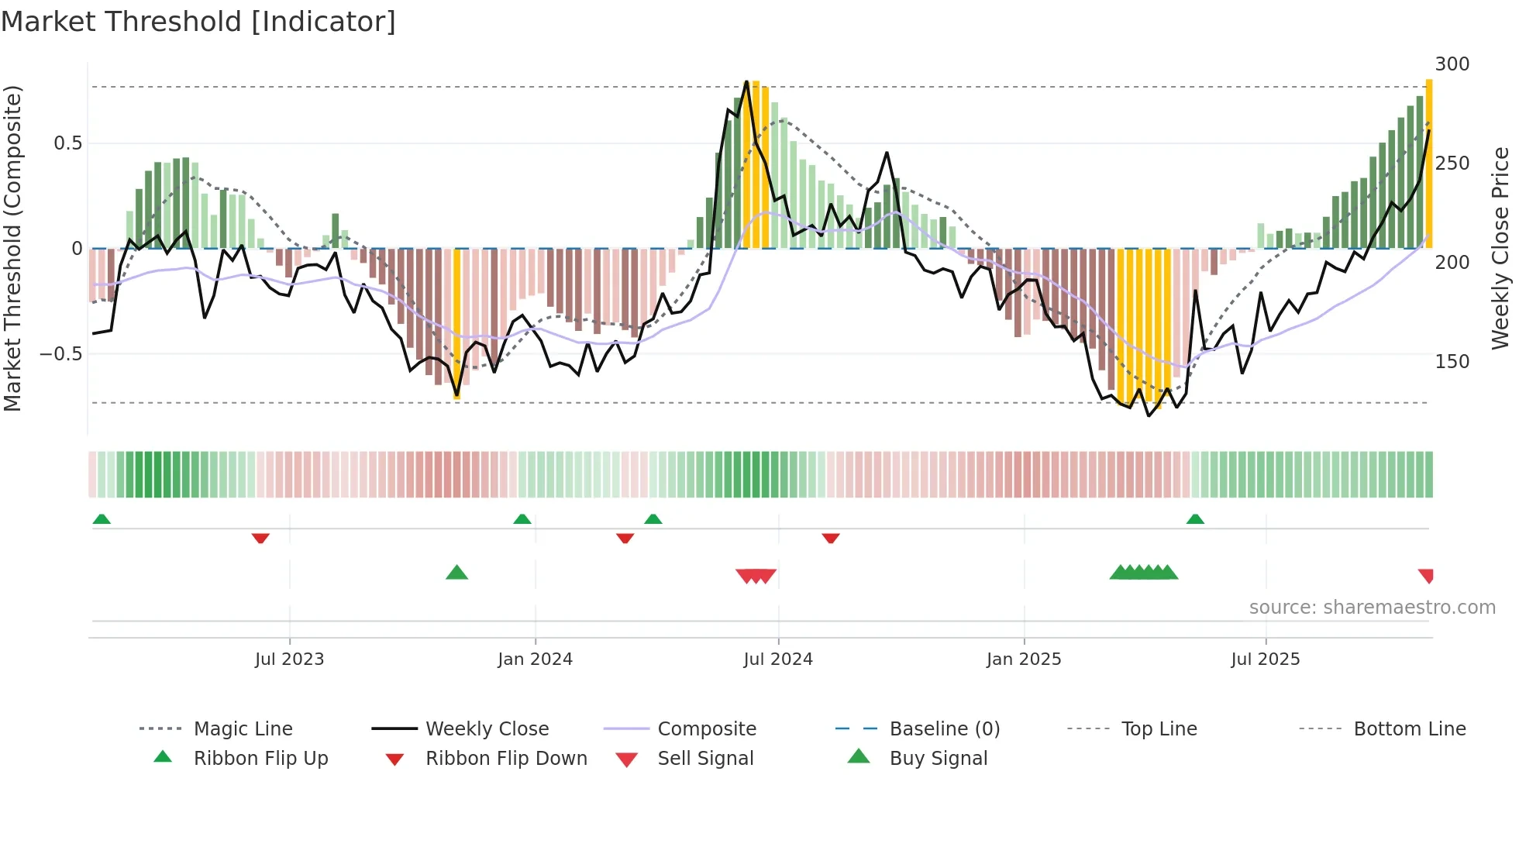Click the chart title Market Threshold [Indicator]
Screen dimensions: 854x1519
coord(198,22)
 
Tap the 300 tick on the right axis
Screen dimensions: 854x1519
coord(1452,64)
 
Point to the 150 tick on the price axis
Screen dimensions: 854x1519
coord(1452,362)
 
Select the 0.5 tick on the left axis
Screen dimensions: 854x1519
coord(67,143)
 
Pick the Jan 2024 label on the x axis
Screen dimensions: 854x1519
coord(535,659)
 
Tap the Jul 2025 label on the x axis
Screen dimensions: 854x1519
coord(1265,659)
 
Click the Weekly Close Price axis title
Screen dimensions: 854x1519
coord(1500,248)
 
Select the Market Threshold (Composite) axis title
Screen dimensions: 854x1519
coord(12,248)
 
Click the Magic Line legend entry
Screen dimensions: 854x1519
coord(243,729)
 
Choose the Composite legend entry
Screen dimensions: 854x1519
coord(706,729)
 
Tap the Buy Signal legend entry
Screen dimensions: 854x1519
coord(938,759)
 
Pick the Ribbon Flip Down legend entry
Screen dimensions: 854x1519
coord(505,759)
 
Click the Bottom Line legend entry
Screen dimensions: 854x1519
coord(1409,729)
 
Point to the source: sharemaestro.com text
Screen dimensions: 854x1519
coord(1372,608)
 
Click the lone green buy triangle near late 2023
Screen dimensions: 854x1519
coord(457,573)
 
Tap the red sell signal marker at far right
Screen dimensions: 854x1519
coord(1426,576)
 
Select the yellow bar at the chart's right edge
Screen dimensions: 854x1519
coord(1429,163)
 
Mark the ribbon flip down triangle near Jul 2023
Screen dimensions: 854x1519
coord(260,538)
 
